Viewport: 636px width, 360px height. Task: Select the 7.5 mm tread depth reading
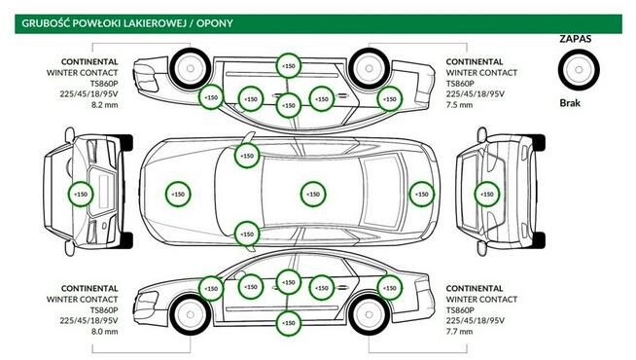(x=461, y=104)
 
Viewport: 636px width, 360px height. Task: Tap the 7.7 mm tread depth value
(x=461, y=332)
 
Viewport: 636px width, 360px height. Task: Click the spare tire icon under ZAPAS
(x=578, y=70)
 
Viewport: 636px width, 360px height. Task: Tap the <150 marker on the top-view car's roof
(x=312, y=195)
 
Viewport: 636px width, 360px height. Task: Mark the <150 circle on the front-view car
(x=80, y=195)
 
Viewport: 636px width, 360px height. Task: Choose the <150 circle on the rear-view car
(x=484, y=195)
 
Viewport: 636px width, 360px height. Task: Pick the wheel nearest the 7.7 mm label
(x=366, y=314)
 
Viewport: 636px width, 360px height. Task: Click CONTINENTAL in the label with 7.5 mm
(x=475, y=61)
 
